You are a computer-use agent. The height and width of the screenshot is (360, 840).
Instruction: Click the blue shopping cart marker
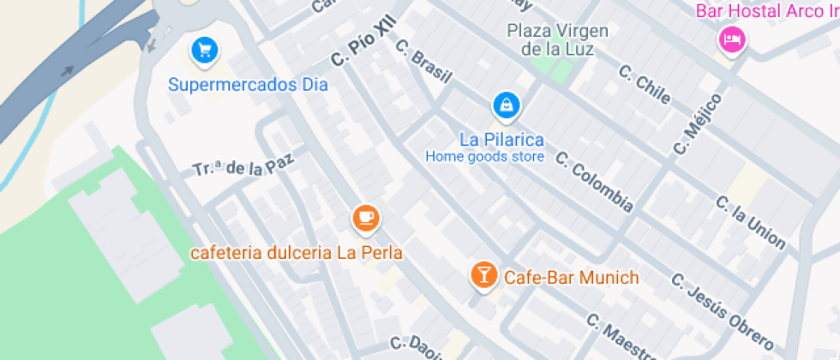click(x=204, y=51)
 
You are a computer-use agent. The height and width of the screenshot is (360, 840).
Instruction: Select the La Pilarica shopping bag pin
click(x=506, y=106)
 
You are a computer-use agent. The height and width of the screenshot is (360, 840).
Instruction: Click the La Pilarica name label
click(x=501, y=139)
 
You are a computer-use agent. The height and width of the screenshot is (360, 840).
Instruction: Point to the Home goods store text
click(x=485, y=157)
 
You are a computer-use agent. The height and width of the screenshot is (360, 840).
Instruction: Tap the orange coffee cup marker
click(x=367, y=219)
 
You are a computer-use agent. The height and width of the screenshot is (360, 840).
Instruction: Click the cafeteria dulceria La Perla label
click(x=297, y=254)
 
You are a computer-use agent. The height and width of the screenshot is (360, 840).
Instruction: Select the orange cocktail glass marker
click(x=483, y=275)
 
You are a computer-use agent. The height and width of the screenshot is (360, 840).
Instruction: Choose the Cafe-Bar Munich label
click(x=572, y=278)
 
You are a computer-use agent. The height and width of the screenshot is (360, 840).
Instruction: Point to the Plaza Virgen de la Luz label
click(x=558, y=39)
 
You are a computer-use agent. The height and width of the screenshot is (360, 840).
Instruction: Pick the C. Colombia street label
click(x=594, y=182)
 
